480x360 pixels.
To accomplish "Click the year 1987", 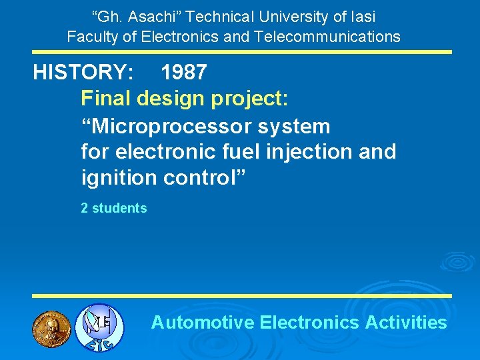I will (x=183, y=73).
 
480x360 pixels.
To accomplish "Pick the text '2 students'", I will (x=113, y=208).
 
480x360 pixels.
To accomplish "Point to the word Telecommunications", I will (x=327, y=37).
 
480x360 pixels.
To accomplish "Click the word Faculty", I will (x=91, y=37).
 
